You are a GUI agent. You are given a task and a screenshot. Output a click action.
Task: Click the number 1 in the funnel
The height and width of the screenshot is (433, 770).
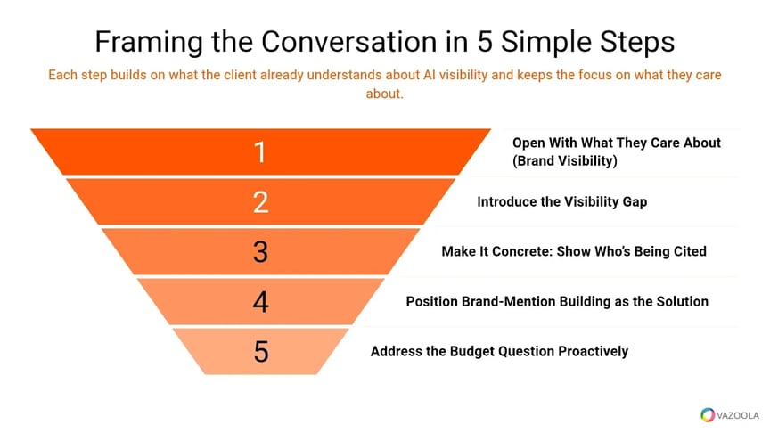coord(260,151)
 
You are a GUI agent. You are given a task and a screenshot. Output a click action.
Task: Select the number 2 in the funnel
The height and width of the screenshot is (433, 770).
coord(260,201)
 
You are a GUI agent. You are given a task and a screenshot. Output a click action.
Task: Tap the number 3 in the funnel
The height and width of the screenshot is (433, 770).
coord(260,251)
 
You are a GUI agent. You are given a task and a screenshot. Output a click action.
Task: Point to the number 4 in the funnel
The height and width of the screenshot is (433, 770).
coord(260,301)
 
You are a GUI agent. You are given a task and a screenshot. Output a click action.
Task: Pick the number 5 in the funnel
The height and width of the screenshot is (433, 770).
coord(260,351)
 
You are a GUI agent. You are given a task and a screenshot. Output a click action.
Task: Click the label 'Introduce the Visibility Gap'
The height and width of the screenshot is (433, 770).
coord(561,201)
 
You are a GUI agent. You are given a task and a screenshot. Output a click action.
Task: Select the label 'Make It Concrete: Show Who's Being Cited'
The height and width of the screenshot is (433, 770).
coord(573,251)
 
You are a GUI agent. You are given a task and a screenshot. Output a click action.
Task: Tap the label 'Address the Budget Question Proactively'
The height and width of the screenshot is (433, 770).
coord(499,351)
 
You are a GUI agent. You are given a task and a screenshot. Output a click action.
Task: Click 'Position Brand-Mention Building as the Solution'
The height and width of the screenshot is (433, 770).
coord(557,301)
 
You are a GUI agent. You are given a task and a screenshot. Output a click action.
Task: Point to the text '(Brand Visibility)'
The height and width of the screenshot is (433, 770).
coord(564,161)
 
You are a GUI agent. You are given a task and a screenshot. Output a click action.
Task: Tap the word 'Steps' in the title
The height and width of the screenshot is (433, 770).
coord(634,42)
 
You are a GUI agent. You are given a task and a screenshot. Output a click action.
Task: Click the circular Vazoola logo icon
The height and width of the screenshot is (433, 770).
coord(708,413)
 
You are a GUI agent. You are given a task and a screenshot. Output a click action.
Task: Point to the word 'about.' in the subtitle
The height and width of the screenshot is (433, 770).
coord(385,93)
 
